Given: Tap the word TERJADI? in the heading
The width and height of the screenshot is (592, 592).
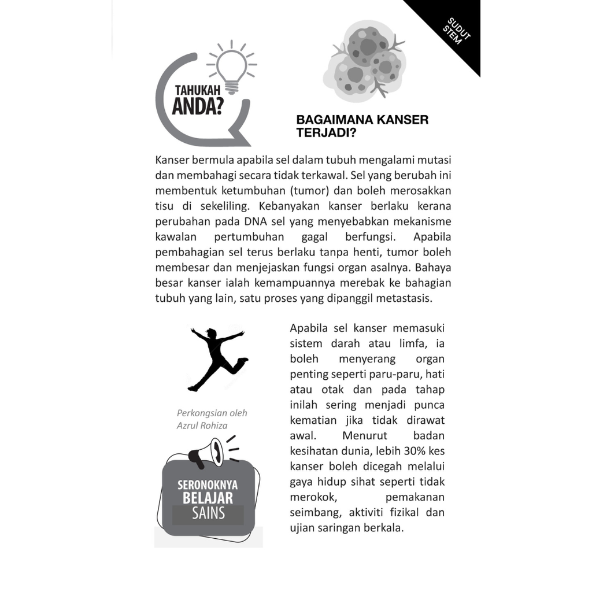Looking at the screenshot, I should (323, 131).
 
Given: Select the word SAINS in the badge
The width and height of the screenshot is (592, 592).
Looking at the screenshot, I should (208, 513).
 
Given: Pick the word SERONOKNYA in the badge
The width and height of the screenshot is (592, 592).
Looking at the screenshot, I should (208, 486).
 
